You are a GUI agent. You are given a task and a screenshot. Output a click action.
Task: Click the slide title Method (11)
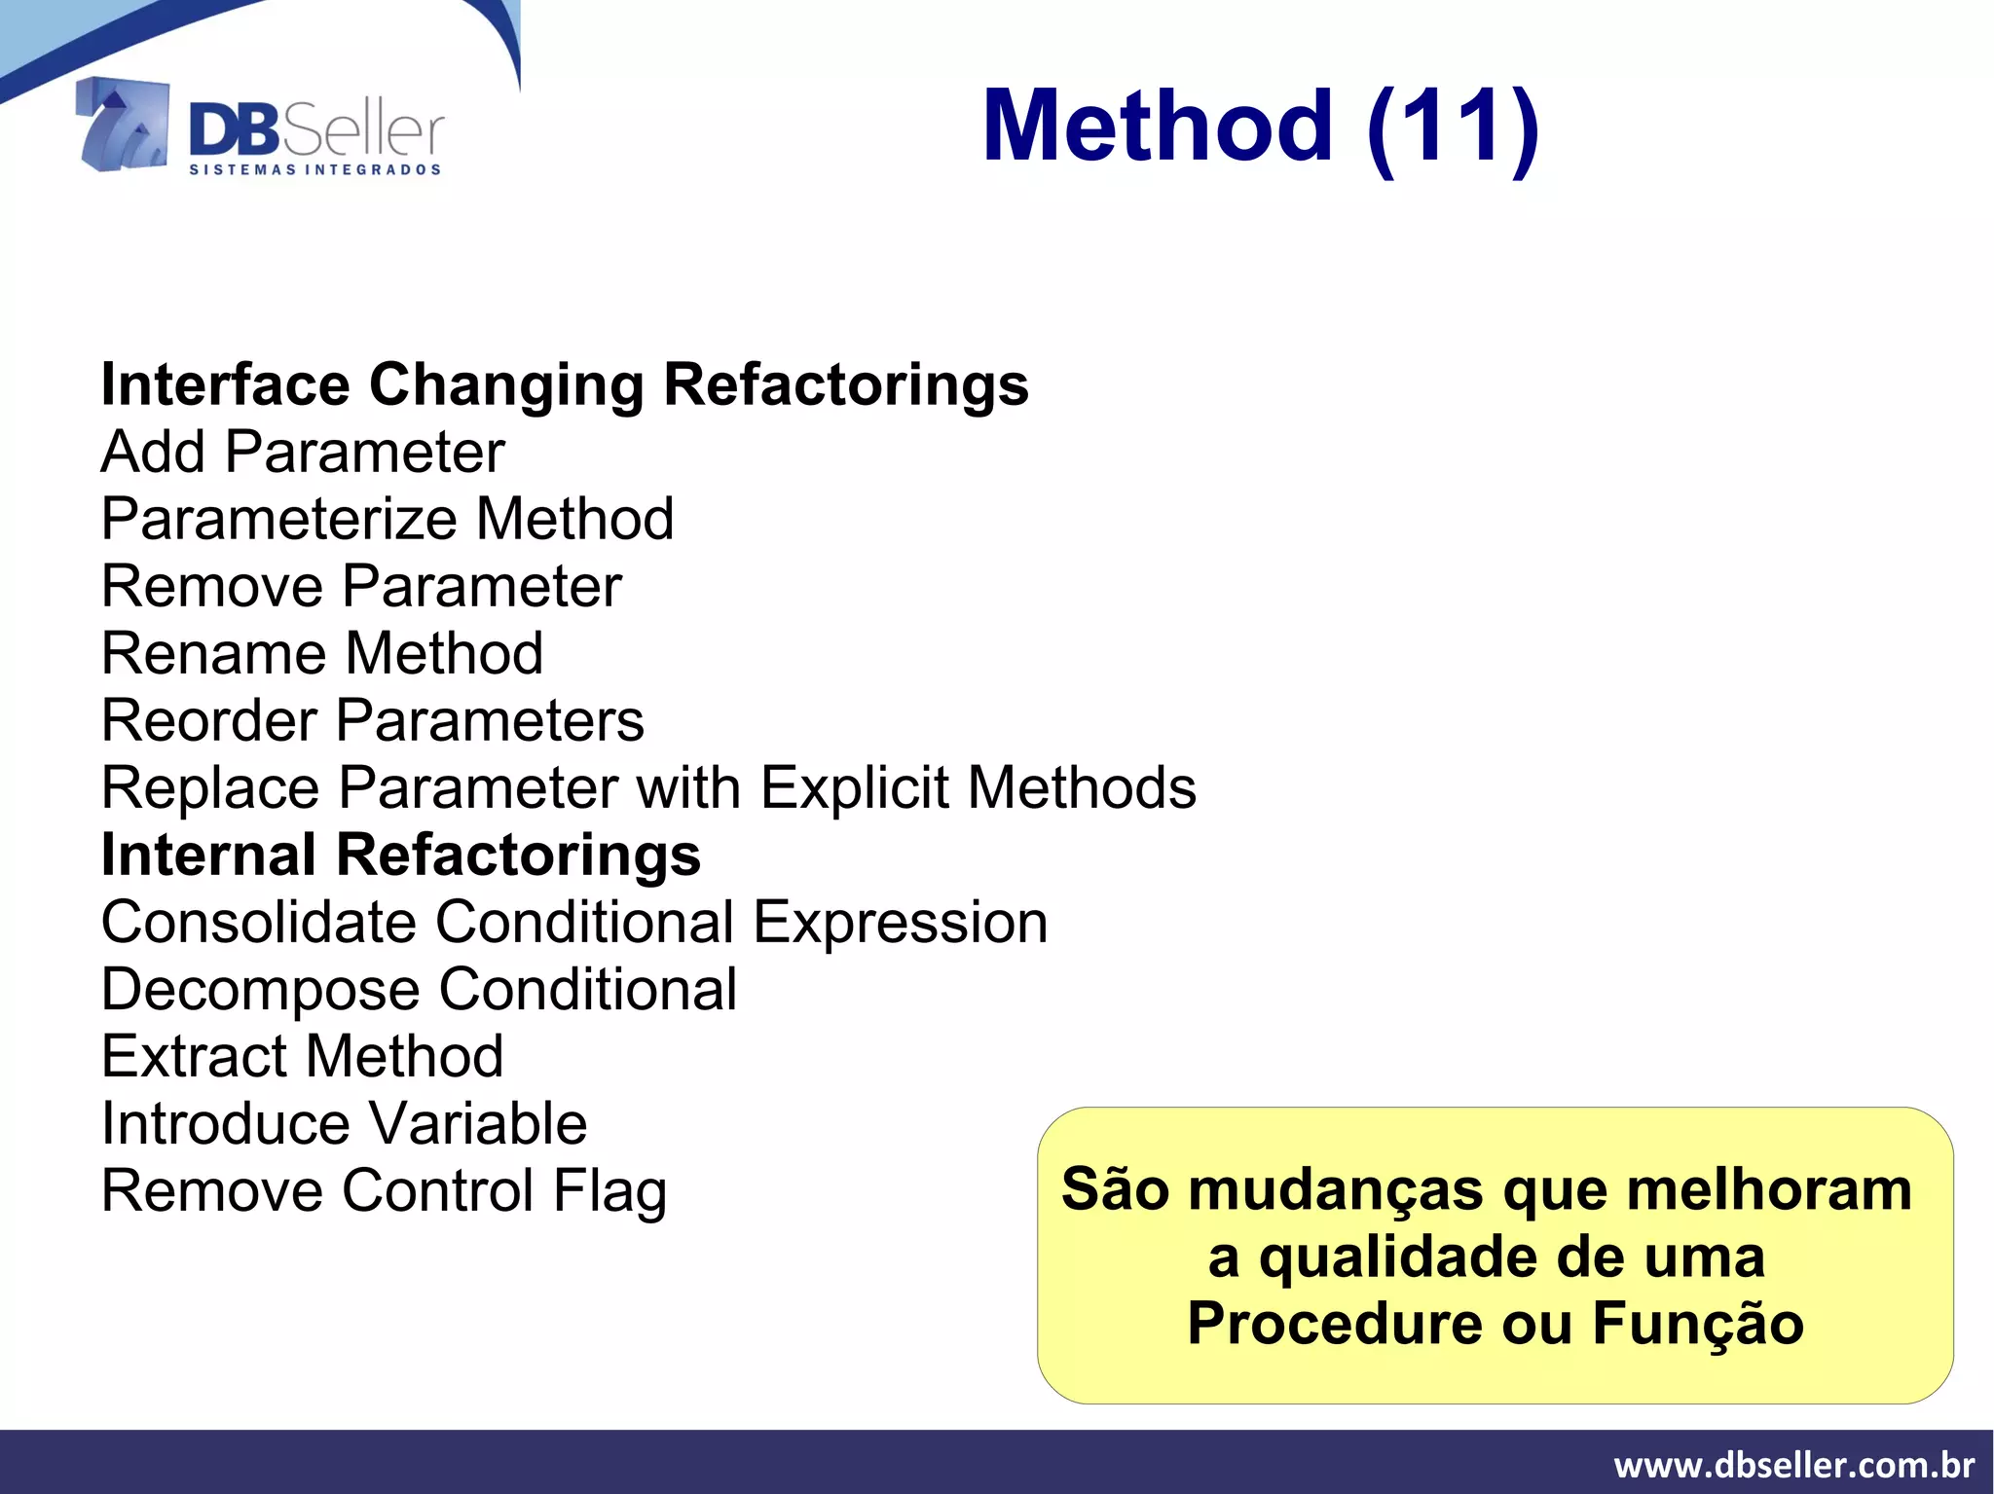click(1260, 127)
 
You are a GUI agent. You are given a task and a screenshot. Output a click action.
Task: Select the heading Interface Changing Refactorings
click(565, 384)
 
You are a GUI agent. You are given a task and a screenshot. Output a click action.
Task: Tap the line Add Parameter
click(303, 453)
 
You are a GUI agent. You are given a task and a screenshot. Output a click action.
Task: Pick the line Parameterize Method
click(388, 519)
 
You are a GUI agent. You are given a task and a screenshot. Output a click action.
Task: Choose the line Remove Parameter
click(361, 587)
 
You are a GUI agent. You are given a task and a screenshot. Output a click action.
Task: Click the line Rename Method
click(322, 653)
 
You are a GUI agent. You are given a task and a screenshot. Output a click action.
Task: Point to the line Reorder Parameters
click(373, 721)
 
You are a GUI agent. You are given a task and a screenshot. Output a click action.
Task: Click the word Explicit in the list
click(854, 787)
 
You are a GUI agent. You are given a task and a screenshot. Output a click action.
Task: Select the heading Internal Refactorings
click(401, 856)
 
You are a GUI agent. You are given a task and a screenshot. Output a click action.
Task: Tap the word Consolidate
click(259, 922)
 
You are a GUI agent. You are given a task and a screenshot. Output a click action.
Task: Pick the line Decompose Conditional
click(419, 990)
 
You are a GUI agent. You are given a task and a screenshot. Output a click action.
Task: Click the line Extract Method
click(303, 1056)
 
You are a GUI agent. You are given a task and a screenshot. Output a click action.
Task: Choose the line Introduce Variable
click(344, 1124)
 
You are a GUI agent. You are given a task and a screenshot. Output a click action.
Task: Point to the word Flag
click(609, 1192)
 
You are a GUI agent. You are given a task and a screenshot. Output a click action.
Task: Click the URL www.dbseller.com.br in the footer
click(1793, 1465)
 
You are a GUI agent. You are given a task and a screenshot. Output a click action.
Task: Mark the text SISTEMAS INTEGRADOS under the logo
click(314, 170)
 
